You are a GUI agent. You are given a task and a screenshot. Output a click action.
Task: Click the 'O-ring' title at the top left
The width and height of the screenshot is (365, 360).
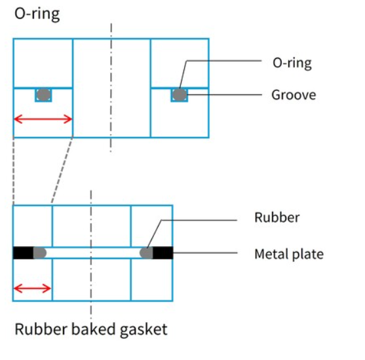click(37, 14)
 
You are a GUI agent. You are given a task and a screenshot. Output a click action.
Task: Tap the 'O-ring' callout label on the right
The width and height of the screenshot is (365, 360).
click(292, 63)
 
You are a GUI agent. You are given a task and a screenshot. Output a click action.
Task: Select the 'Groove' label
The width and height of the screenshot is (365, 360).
click(294, 95)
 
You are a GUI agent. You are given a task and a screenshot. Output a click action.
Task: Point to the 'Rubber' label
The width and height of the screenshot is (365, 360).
click(277, 218)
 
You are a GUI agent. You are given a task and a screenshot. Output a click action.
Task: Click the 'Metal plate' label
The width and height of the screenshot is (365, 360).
click(289, 254)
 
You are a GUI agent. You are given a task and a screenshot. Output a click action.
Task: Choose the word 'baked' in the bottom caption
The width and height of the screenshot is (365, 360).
click(93, 329)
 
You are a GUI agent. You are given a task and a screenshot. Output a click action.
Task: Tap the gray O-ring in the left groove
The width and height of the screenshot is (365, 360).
click(43, 95)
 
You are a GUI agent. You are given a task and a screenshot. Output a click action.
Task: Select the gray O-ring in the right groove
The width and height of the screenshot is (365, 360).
click(180, 95)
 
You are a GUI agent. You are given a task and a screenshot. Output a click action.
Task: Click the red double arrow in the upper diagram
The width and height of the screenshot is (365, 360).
click(43, 119)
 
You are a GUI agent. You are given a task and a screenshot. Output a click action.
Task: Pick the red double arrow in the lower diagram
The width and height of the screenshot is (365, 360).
click(32, 289)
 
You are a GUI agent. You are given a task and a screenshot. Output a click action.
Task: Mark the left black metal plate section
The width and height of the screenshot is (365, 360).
click(24, 253)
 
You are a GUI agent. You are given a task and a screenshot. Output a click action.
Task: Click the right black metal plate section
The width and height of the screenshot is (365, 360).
click(163, 253)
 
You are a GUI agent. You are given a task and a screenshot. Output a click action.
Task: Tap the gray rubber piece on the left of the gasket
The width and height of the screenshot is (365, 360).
click(40, 253)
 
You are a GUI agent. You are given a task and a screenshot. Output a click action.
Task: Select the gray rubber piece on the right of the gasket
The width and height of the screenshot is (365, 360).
click(146, 253)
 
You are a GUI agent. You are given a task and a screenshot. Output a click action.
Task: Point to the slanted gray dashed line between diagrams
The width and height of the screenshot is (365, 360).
click(62, 170)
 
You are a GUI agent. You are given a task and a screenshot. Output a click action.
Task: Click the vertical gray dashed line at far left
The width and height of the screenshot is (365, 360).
click(14, 171)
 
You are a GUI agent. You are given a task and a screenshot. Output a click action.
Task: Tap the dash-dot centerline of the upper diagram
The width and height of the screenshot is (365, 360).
click(111, 88)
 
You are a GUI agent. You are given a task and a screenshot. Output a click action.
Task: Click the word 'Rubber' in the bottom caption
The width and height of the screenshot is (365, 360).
click(41, 329)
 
